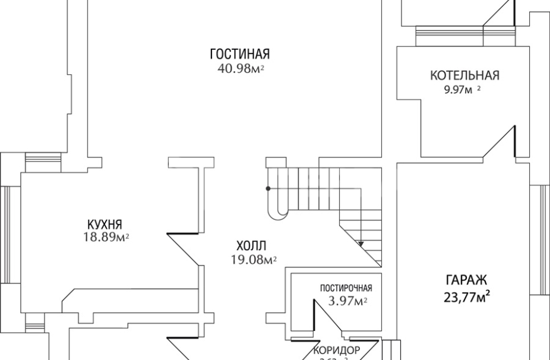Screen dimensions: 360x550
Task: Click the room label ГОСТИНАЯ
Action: (239, 55)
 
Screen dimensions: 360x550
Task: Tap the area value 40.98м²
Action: (239, 68)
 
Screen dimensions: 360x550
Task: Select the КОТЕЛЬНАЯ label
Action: (464, 75)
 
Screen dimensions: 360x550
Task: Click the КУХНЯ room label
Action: (105, 224)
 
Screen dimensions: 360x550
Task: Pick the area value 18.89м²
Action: (107, 237)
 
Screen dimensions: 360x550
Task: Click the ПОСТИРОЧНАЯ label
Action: (346, 288)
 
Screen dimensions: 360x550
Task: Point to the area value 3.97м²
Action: (347, 301)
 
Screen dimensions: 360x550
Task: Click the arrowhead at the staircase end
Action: (360, 243)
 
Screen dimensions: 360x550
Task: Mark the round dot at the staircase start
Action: (268, 189)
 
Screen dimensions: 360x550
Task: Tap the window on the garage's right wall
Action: (543, 239)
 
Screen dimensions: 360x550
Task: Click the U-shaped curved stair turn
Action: (278, 208)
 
